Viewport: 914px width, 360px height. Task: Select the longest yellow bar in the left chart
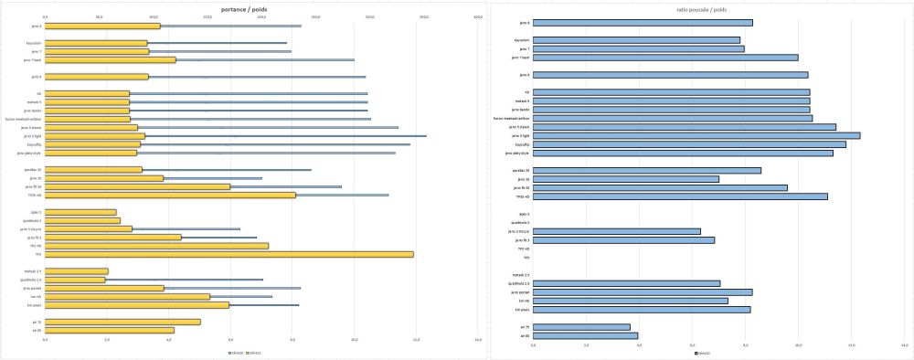tap(229, 254)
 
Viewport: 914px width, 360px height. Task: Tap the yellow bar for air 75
tap(122, 322)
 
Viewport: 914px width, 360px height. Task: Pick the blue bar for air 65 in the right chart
tap(585, 335)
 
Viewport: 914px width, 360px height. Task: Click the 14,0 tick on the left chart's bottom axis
tap(478, 340)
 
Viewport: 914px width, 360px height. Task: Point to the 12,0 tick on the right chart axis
tap(852, 345)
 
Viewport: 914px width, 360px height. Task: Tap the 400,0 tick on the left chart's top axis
tap(478, 16)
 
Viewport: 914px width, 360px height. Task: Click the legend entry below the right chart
tap(702, 353)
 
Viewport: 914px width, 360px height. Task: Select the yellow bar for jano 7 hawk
tap(111, 60)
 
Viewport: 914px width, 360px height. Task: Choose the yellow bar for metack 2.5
tap(77, 271)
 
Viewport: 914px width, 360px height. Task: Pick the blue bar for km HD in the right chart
tap(630, 301)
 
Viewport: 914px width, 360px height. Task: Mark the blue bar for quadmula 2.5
tap(626, 283)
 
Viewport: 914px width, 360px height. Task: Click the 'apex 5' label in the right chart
tap(523, 214)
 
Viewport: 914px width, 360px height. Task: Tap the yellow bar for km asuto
tap(137, 305)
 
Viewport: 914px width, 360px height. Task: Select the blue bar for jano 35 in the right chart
tap(625, 179)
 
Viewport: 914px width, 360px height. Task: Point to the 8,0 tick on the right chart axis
tap(746, 345)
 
